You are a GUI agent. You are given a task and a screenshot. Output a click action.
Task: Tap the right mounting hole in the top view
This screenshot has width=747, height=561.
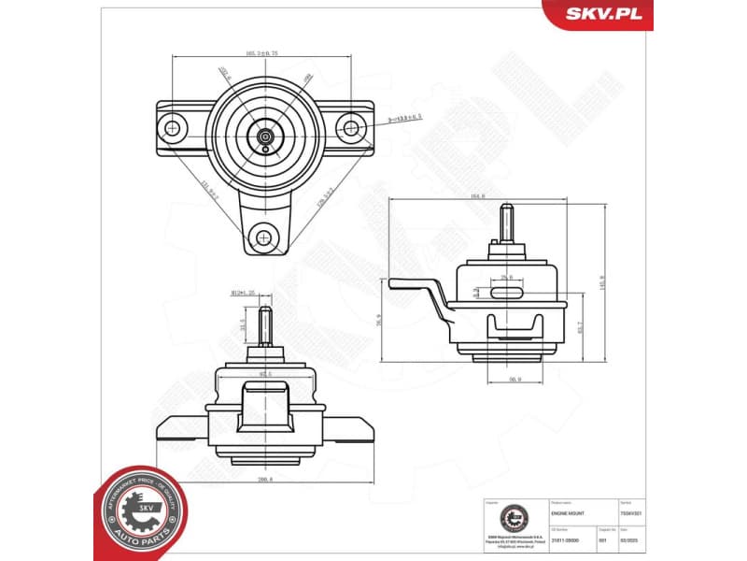coord(351,127)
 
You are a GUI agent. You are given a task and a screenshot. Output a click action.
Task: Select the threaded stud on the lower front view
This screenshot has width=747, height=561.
coord(265,327)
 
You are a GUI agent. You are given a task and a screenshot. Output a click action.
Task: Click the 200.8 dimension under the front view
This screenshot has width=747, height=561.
coord(265,480)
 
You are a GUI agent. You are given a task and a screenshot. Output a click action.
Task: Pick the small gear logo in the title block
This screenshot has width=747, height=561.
coord(512,516)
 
